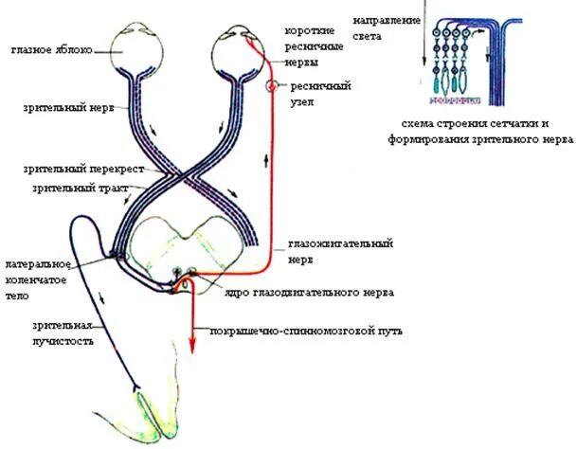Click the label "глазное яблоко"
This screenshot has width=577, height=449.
pyautogui.click(x=52, y=49)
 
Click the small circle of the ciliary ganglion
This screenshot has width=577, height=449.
pyautogui.click(x=271, y=86)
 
